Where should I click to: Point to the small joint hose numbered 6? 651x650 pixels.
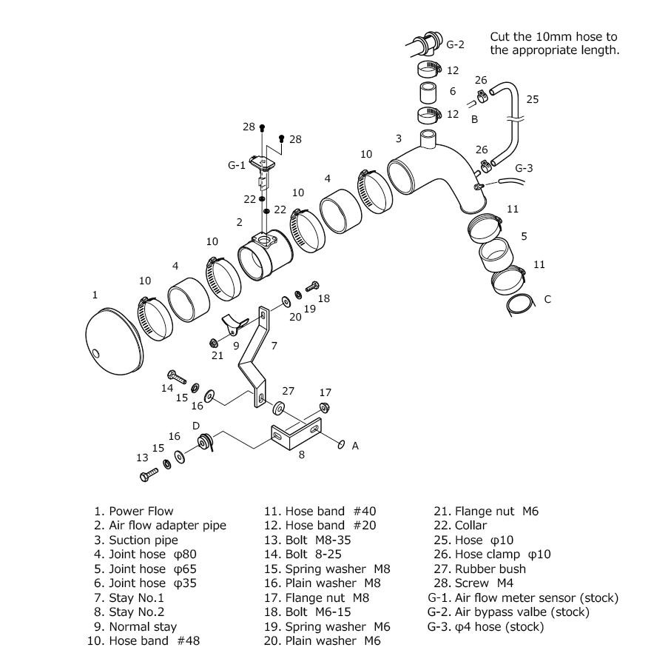click(x=428, y=93)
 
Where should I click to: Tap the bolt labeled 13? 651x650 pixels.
click(x=149, y=475)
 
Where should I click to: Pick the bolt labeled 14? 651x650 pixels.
click(x=177, y=377)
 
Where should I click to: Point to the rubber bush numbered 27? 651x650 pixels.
click(x=278, y=408)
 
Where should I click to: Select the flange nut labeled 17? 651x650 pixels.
click(x=324, y=407)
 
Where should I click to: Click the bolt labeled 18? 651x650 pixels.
click(x=312, y=287)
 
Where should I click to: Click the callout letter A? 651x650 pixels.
click(x=355, y=446)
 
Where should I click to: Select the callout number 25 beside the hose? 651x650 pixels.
click(x=532, y=99)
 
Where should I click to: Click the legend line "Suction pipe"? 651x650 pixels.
click(x=136, y=540)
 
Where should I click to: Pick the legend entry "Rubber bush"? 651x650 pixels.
click(x=479, y=569)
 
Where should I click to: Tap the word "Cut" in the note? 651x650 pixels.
click(x=499, y=36)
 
